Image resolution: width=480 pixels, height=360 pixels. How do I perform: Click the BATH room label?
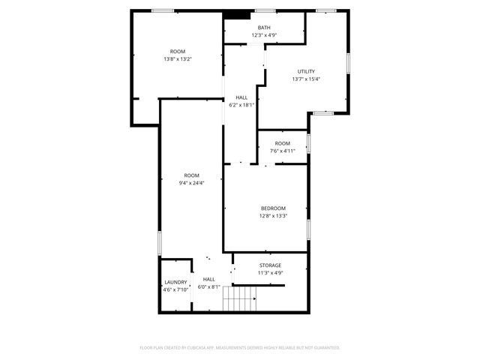click(x=265, y=28)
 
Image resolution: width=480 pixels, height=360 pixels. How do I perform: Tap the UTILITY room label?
click(x=306, y=72)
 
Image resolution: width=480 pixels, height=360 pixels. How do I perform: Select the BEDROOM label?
click(x=273, y=208)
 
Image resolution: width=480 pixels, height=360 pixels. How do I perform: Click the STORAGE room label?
click(x=270, y=265)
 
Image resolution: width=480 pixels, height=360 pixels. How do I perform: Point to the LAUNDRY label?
click(x=175, y=283)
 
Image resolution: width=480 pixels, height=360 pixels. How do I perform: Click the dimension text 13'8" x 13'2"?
click(x=178, y=59)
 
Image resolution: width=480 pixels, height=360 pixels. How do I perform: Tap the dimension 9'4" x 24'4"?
click(x=192, y=183)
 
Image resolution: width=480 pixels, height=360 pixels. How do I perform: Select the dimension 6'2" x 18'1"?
click(x=241, y=105)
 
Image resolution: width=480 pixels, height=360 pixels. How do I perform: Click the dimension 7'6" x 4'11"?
click(x=283, y=151)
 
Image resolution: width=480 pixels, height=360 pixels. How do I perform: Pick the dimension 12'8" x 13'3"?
click(x=273, y=216)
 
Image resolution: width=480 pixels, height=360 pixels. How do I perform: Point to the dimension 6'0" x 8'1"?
click(x=208, y=286)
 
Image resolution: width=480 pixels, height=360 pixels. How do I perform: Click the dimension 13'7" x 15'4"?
click(x=306, y=79)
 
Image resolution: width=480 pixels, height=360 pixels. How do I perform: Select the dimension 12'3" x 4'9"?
click(x=265, y=35)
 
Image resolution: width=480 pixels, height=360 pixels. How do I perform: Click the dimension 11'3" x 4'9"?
click(x=270, y=273)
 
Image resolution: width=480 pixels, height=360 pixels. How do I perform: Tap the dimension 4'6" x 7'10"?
click(x=175, y=289)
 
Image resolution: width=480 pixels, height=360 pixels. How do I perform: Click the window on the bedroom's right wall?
click(x=308, y=229)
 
